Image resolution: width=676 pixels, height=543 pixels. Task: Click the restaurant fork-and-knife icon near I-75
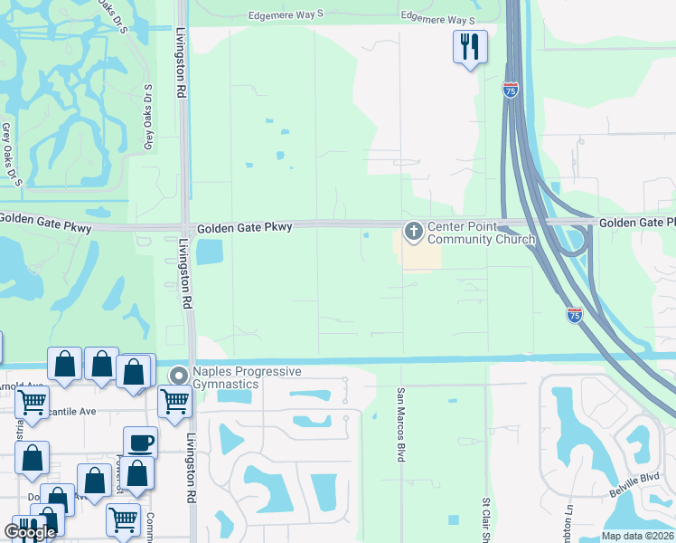470,46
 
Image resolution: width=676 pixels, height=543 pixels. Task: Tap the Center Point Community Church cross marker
414,233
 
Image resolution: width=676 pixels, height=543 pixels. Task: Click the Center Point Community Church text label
481,233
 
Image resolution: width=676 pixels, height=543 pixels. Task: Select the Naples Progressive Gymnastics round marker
179,375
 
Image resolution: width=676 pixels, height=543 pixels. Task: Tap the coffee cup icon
140,443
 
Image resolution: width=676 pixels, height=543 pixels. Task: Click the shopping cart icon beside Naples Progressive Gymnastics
174,400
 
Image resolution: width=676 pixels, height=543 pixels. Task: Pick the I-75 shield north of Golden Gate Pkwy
511,90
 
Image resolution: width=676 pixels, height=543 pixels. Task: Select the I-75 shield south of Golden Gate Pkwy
575,315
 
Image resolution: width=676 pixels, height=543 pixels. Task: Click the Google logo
30,533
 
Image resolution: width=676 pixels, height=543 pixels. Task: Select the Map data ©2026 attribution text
637,536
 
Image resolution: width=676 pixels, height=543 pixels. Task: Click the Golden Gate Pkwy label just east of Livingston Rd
244,227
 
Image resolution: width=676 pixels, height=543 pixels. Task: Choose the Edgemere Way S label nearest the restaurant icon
437,19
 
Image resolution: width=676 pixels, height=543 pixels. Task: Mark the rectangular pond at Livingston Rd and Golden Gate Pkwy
209,252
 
